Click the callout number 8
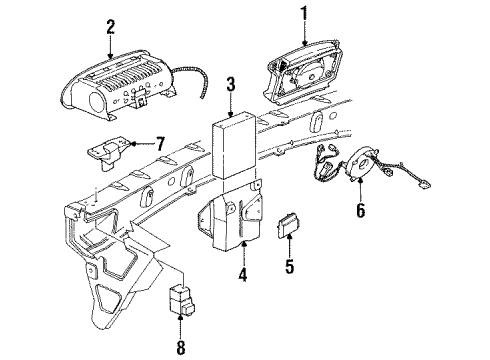(181, 346)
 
